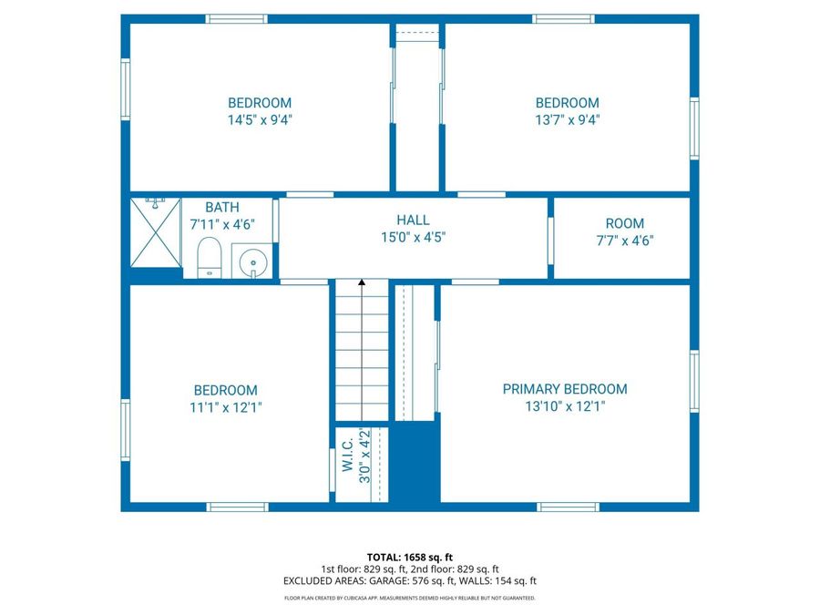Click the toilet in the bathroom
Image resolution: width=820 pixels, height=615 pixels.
click(x=210, y=257)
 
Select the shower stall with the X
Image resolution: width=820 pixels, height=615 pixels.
click(x=155, y=231)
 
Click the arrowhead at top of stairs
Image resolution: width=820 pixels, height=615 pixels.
click(x=362, y=284)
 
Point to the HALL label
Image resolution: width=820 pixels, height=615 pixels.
click(x=413, y=220)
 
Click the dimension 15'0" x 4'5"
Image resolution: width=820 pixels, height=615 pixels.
click(x=413, y=237)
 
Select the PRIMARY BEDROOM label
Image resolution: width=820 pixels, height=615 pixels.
click(x=565, y=389)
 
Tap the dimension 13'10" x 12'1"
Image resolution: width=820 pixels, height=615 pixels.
click(x=565, y=406)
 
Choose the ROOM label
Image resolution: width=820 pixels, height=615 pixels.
click(x=624, y=223)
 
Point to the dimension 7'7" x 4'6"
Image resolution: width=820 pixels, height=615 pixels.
click(x=624, y=241)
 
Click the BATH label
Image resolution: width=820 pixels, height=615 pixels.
click(x=222, y=208)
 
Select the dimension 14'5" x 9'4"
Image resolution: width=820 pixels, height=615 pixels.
click(x=260, y=119)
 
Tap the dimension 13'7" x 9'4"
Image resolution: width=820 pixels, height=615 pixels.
click(x=567, y=119)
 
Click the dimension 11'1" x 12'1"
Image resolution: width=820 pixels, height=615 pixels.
click(x=224, y=407)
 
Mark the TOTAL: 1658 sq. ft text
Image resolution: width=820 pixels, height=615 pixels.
click(x=409, y=557)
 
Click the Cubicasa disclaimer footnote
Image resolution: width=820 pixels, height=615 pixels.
click(x=409, y=599)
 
